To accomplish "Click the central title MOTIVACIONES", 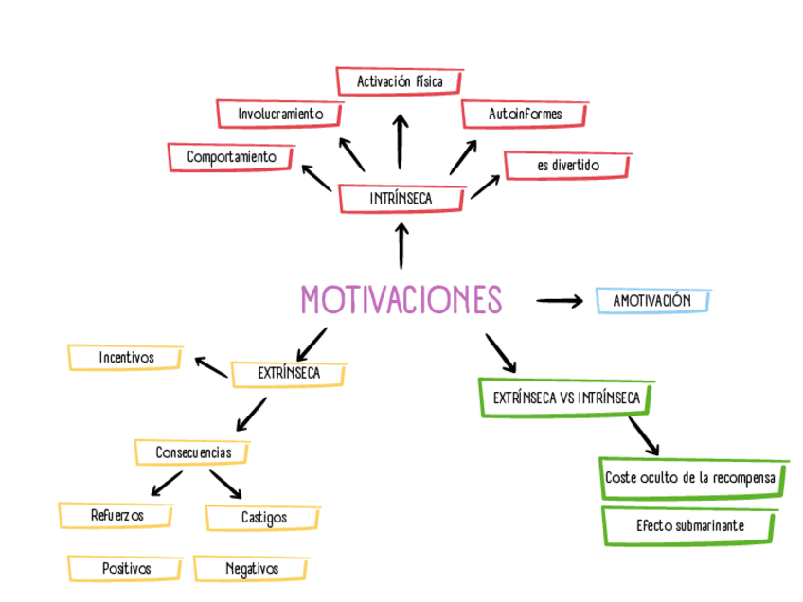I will click(401, 300).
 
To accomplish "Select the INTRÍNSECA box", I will click(401, 199).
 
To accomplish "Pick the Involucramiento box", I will click(280, 114).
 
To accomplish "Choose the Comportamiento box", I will click(231, 157).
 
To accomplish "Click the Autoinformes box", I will click(525, 114).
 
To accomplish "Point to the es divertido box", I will click(567, 166).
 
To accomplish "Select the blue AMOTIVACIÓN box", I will click(652, 301).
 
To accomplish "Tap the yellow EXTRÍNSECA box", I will click(288, 374).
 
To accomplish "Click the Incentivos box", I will click(125, 358).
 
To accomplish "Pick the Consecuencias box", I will click(192, 452).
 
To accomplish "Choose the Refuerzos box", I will click(116, 516).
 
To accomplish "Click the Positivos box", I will click(126, 569).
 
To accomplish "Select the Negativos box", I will click(251, 569).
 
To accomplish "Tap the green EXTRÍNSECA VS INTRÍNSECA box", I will click(566, 398).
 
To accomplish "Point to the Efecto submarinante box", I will click(690, 525).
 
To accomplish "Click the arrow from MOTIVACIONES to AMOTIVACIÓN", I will click(559, 301).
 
